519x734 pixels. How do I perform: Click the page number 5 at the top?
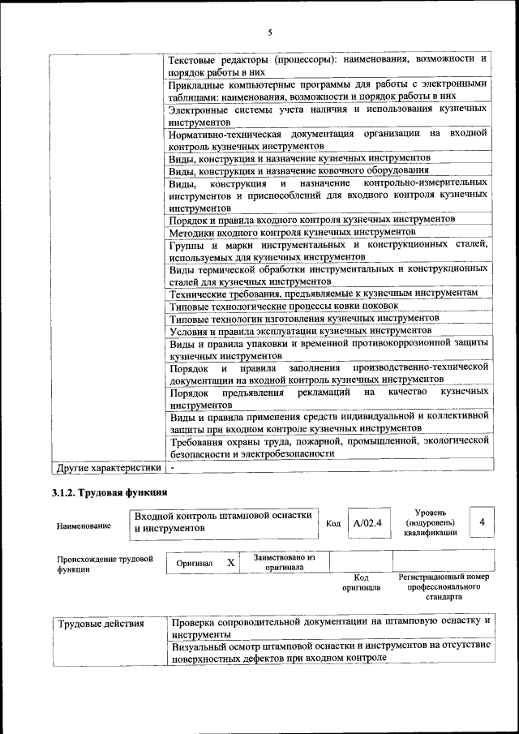pos(270,32)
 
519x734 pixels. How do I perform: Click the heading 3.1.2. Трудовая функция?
pos(109,492)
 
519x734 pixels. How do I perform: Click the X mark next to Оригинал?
pos(230,562)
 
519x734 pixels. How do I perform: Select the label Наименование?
pos(84,526)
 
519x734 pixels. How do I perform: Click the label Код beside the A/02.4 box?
pos(332,523)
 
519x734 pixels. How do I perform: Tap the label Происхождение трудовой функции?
pos(105,564)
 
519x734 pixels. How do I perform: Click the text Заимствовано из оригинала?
pos(284,562)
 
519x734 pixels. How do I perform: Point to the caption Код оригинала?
pos(361,582)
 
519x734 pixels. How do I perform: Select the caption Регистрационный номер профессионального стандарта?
pos(443,586)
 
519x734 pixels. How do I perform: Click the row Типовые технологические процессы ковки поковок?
pos(284,305)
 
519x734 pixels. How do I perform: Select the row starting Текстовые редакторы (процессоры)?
pos(328,65)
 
